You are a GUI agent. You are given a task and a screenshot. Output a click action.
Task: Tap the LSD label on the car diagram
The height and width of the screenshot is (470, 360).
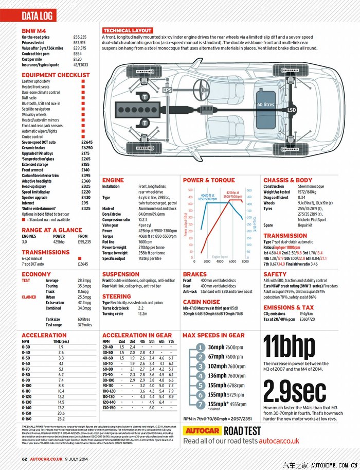(x=292, y=111)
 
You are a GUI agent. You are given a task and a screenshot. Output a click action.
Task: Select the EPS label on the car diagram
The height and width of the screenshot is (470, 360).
(x=167, y=90)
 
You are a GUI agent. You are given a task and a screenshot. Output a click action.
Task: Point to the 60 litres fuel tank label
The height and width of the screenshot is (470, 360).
(x=266, y=105)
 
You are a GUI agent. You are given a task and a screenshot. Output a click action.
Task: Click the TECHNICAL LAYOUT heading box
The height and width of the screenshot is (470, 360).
(x=127, y=30)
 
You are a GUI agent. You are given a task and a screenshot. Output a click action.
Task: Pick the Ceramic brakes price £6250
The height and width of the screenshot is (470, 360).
(x=86, y=148)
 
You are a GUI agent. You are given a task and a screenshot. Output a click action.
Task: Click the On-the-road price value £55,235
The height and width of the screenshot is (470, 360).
(x=80, y=38)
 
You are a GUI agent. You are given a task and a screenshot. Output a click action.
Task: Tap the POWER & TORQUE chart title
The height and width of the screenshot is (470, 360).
(x=209, y=180)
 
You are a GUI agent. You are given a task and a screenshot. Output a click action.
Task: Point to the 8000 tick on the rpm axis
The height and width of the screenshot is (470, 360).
(x=243, y=262)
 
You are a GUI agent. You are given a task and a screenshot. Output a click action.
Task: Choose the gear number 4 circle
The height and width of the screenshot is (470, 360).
(x=201, y=376)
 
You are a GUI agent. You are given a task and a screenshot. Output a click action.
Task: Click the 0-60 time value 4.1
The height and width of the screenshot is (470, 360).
(x=61, y=363)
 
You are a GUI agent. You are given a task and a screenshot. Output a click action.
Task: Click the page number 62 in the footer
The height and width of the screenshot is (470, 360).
(x=24, y=459)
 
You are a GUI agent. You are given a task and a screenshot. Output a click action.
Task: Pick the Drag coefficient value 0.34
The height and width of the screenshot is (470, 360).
(x=301, y=198)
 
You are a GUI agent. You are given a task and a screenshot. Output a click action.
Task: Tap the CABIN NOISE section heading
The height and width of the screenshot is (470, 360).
(x=202, y=302)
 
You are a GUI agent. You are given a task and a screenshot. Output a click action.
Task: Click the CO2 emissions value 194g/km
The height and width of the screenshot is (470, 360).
(x=305, y=314)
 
